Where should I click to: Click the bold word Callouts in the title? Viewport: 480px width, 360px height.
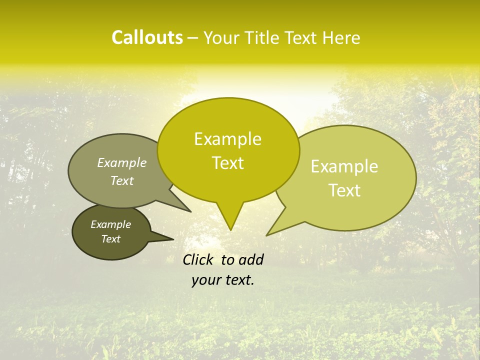[x=147, y=37]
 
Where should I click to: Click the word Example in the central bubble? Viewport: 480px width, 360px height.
[x=227, y=139]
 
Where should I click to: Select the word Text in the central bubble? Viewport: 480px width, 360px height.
[x=228, y=163]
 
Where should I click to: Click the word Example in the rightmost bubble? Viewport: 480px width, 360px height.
[x=344, y=166]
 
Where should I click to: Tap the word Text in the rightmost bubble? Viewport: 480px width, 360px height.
[x=345, y=190]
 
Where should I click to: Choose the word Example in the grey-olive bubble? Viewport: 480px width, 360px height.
[x=122, y=162]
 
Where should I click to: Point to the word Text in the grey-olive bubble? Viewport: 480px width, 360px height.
[x=122, y=180]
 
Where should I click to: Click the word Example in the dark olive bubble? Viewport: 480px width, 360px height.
[x=111, y=224]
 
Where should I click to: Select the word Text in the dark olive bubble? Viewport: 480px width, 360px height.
[x=111, y=239]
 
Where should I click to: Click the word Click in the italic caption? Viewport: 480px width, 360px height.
[x=198, y=259]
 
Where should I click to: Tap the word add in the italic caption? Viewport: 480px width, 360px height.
[x=251, y=259]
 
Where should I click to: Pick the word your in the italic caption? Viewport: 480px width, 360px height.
[x=205, y=280]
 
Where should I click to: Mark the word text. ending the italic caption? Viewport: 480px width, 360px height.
[x=238, y=280]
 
